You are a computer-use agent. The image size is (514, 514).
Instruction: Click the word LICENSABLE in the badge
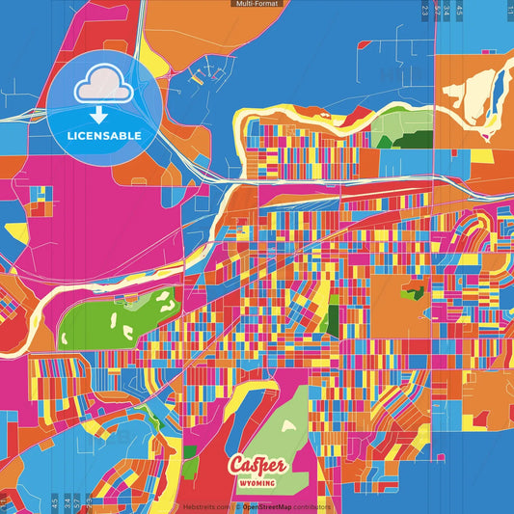point(104,136)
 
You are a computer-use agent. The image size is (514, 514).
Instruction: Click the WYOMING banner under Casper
point(256,482)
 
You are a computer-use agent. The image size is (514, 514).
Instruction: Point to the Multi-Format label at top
point(256,4)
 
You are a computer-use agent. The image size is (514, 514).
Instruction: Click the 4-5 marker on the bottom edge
point(53,502)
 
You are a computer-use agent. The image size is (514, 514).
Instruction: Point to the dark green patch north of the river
point(389,141)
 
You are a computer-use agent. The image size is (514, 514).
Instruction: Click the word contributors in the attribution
point(311,506)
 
